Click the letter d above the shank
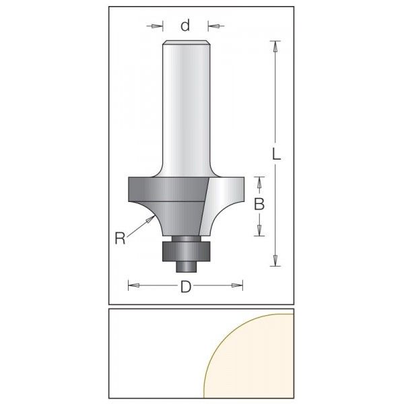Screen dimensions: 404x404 pyautogui.click(x=185, y=26)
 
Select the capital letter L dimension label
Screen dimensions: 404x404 pyautogui.click(x=276, y=154)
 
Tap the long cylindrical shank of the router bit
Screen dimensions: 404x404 pyautogui.click(x=184, y=108)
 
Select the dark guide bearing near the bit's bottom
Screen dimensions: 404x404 pyautogui.click(x=184, y=249)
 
